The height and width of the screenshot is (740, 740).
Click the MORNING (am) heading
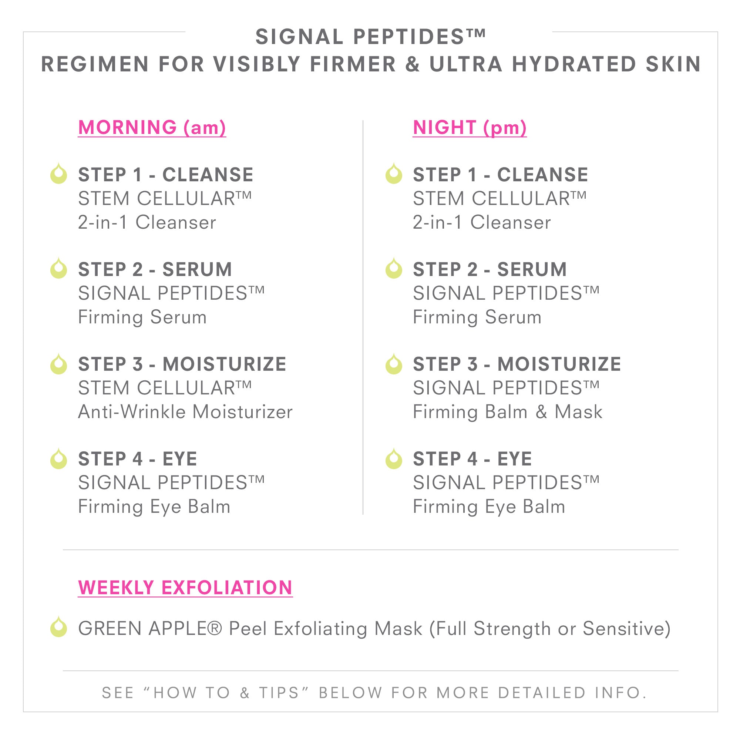coord(152,128)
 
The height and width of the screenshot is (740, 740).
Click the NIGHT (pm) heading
coord(470,128)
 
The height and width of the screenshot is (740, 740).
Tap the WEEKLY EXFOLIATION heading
coord(185,588)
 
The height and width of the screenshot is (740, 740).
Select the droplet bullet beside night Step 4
coord(394,458)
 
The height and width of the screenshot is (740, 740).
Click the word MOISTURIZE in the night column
coord(559,364)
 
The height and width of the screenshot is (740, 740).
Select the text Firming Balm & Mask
coord(508,412)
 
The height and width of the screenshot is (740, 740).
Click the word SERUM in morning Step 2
coord(197,269)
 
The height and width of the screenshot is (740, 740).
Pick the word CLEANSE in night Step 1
coord(543,175)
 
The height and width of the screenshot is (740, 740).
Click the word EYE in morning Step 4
coord(180,458)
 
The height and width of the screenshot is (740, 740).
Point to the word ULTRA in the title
coord(466,64)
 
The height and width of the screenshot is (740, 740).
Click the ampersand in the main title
coord(413,64)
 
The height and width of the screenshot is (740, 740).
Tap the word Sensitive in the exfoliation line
coord(623,628)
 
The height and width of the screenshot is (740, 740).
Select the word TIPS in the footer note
coord(279,693)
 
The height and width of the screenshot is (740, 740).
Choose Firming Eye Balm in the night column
coord(489,507)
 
